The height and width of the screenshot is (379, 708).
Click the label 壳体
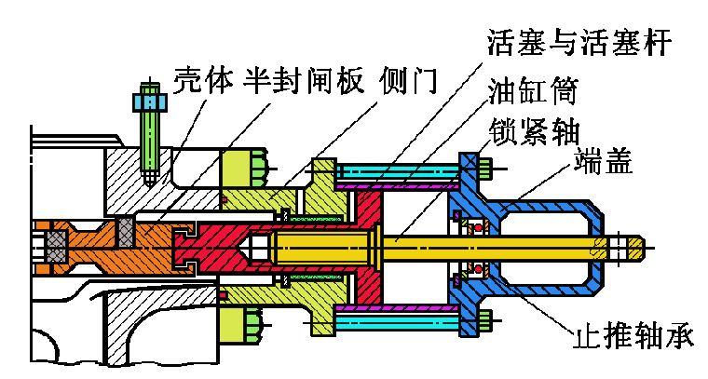[x=204, y=81]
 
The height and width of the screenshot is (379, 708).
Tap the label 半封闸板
[x=304, y=81]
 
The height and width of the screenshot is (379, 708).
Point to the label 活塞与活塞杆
[x=579, y=42]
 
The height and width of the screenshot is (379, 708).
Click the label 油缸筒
[x=533, y=90]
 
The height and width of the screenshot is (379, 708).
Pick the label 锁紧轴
[x=534, y=131]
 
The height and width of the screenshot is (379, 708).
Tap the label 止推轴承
[x=633, y=335]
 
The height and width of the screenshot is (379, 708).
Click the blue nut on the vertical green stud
[x=150, y=102]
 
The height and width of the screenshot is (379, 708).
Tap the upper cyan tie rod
[x=399, y=170]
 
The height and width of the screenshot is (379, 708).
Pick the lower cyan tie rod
[x=399, y=322]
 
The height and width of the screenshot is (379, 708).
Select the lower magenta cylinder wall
[x=399, y=308]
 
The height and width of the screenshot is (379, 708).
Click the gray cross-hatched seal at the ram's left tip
[x=57, y=248]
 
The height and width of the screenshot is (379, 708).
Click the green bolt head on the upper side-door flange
[x=258, y=168]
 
